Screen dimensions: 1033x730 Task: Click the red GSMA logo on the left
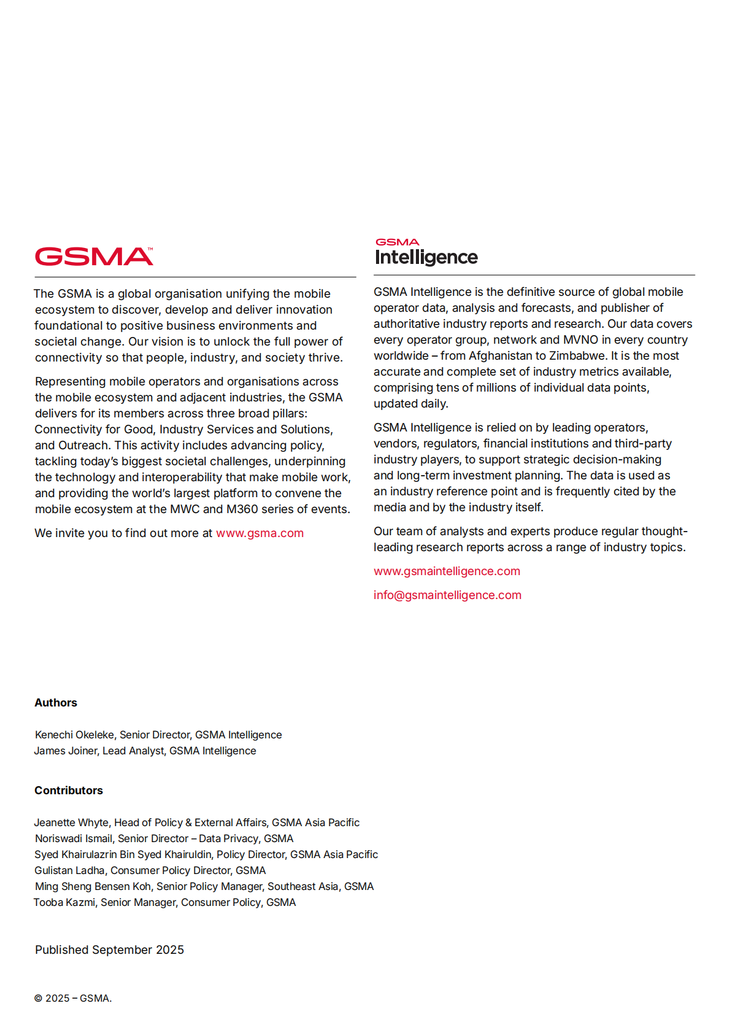94,257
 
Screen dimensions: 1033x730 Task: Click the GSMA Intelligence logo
426,252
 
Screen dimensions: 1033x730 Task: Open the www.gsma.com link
259,533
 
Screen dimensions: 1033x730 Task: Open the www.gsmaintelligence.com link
447,571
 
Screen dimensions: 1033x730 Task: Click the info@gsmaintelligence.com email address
447,595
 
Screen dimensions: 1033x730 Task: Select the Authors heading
56,703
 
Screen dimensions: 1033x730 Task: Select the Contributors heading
69,791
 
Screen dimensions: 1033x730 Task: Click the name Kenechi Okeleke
74,735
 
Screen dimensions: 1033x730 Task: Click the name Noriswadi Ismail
74,838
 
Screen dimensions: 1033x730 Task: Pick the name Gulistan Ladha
69,870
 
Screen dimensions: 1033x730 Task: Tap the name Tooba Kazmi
64,902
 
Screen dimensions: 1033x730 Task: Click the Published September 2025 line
109,950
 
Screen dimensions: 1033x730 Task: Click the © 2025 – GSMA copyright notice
72,999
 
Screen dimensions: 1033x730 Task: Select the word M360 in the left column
242,509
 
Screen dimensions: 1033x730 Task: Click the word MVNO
580,340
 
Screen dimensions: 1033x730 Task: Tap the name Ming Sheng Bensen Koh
93,886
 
